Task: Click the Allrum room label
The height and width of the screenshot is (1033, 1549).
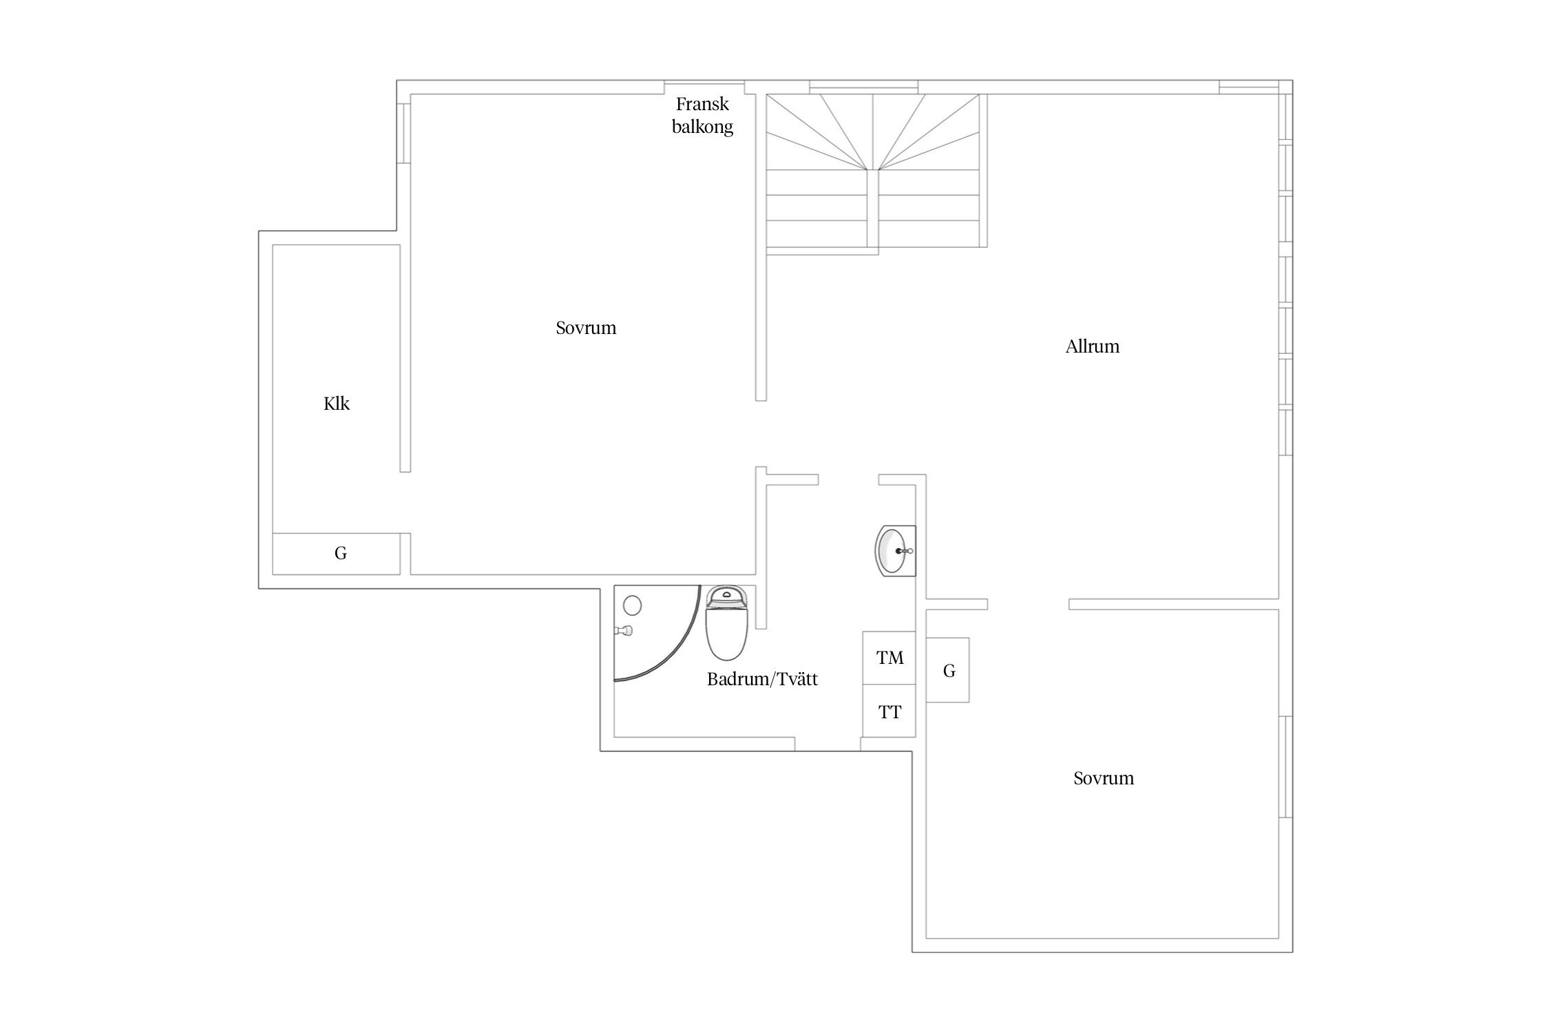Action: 1092,346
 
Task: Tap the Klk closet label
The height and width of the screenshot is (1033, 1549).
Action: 337,404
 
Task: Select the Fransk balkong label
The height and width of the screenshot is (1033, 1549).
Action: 702,116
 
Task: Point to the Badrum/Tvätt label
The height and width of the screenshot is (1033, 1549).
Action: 762,679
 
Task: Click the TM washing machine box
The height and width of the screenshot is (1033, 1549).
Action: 889,658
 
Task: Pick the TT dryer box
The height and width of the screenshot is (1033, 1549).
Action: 889,711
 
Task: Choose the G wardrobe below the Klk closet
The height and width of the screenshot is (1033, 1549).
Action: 337,554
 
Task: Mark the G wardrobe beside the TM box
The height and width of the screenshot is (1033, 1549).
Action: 948,670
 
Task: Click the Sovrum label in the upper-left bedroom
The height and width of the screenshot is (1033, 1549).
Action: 586,328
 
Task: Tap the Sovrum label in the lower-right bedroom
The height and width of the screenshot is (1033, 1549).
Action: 1104,778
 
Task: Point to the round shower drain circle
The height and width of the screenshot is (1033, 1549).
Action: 633,605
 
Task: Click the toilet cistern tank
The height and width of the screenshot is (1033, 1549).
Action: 726,596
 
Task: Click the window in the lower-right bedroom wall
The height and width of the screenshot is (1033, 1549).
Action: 1285,767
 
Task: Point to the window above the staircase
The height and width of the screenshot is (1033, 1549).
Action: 863,87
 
